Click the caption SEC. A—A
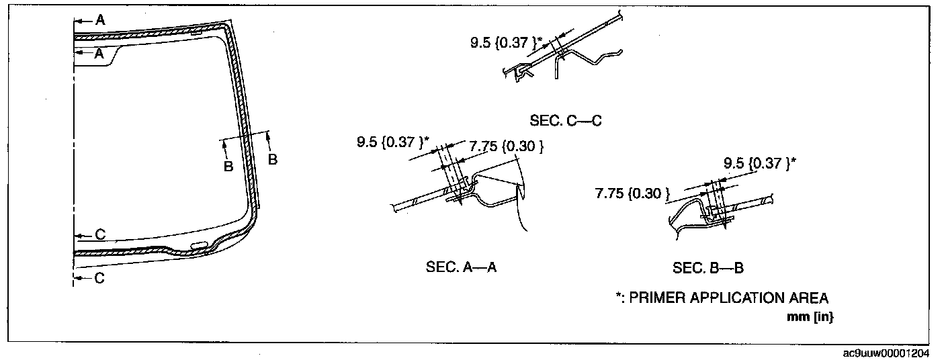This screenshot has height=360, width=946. coord(461,267)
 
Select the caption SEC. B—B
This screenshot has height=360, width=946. coord(707,269)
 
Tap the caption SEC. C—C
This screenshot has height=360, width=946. coord(564,122)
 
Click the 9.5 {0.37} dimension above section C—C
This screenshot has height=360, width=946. coord(505,44)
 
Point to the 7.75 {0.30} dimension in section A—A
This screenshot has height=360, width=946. coord(506,146)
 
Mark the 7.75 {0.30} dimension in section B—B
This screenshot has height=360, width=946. coord(632,194)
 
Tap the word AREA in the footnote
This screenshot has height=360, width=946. coord(811,298)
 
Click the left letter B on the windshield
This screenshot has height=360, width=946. coord(228,165)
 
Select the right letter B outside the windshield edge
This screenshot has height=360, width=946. coord(273,159)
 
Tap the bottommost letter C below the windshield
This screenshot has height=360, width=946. coord(99,278)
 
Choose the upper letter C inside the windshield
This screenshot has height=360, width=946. coord(99,235)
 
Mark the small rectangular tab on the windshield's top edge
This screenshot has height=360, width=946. coord(198,32)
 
